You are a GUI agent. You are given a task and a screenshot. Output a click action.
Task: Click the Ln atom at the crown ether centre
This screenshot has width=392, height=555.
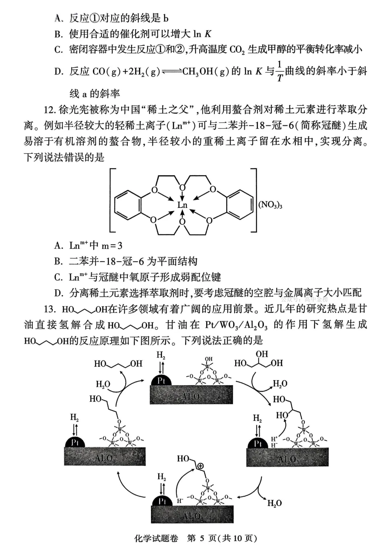[182, 205]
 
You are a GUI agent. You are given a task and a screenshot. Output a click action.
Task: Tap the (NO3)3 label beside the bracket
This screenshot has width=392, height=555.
[270, 205]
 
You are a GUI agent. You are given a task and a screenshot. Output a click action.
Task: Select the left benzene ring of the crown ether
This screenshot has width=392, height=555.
[127, 205]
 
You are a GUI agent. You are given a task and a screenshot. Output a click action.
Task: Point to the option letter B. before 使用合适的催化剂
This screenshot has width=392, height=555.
[58, 34]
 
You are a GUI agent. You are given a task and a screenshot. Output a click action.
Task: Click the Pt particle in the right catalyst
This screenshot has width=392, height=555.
[258, 443]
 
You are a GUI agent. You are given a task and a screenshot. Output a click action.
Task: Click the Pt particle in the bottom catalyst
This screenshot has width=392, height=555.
[162, 501]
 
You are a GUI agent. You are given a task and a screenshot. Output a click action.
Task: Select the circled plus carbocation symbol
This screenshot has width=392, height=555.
[200, 466]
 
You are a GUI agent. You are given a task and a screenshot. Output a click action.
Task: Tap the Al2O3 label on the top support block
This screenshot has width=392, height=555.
[191, 397]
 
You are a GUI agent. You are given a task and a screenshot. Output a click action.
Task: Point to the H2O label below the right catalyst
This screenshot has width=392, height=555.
[274, 503]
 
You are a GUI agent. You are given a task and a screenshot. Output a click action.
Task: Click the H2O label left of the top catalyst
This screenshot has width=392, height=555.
[103, 384]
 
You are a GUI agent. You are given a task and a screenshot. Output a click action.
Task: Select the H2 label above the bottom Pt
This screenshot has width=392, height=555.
[162, 476]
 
